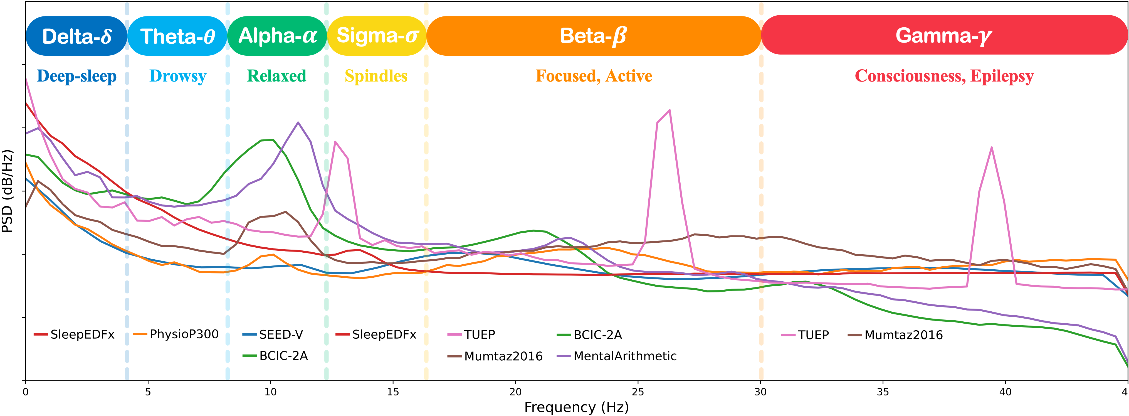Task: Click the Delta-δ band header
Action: point(77,36)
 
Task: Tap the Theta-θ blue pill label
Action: point(177,36)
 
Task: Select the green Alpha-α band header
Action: point(277,36)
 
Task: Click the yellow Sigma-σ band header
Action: point(377,36)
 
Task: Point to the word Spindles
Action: point(376,76)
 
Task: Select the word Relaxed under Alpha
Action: point(276,76)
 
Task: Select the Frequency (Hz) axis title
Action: point(576,407)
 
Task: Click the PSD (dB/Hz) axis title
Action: point(8,191)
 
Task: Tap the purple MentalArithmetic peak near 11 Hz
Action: point(298,123)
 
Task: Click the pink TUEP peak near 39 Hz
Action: point(991,148)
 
